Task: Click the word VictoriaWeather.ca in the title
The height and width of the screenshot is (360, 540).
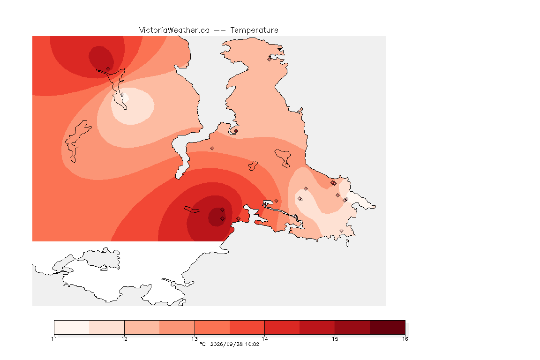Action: (x=174, y=30)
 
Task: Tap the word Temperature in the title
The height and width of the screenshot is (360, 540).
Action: (x=254, y=30)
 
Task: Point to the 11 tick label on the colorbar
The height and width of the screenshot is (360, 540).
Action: (x=54, y=339)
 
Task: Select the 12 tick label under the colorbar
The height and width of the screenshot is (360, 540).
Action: (x=124, y=339)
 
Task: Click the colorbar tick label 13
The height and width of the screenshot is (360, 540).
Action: (x=195, y=339)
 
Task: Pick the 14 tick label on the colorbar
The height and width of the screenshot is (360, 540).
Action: (x=264, y=339)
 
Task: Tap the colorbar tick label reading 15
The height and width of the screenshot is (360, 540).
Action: (x=335, y=339)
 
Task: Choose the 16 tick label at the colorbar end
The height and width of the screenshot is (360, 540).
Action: (x=405, y=339)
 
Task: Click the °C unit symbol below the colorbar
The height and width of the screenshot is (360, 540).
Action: (x=202, y=344)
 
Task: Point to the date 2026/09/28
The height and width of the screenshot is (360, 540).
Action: (x=226, y=344)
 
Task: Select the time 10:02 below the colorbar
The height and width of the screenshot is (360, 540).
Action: (x=252, y=344)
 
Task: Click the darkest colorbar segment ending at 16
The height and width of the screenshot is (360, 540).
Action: (x=388, y=327)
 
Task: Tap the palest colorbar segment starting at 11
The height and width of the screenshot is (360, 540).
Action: (x=72, y=327)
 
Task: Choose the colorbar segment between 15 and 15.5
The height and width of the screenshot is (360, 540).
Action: (x=352, y=327)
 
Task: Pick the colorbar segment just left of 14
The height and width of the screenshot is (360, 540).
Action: (x=247, y=327)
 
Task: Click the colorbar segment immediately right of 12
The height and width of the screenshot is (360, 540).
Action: (x=142, y=327)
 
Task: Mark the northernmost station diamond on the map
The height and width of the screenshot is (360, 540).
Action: (x=270, y=59)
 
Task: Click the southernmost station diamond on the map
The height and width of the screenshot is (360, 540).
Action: (x=341, y=231)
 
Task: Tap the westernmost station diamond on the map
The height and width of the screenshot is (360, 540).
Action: (x=108, y=69)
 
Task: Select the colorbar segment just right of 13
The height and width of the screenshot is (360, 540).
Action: (x=212, y=327)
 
